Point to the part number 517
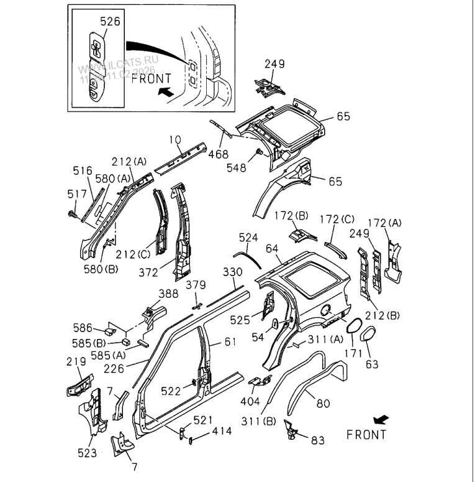click(76, 195)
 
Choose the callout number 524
click(248, 238)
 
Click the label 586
click(83, 328)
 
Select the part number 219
click(76, 361)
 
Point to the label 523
click(87, 453)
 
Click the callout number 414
click(222, 430)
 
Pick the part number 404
click(251, 401)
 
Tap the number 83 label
click(317, 441)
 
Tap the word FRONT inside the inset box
click(152, 78)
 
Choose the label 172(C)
click(337, 219)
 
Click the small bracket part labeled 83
click(291, 430)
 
